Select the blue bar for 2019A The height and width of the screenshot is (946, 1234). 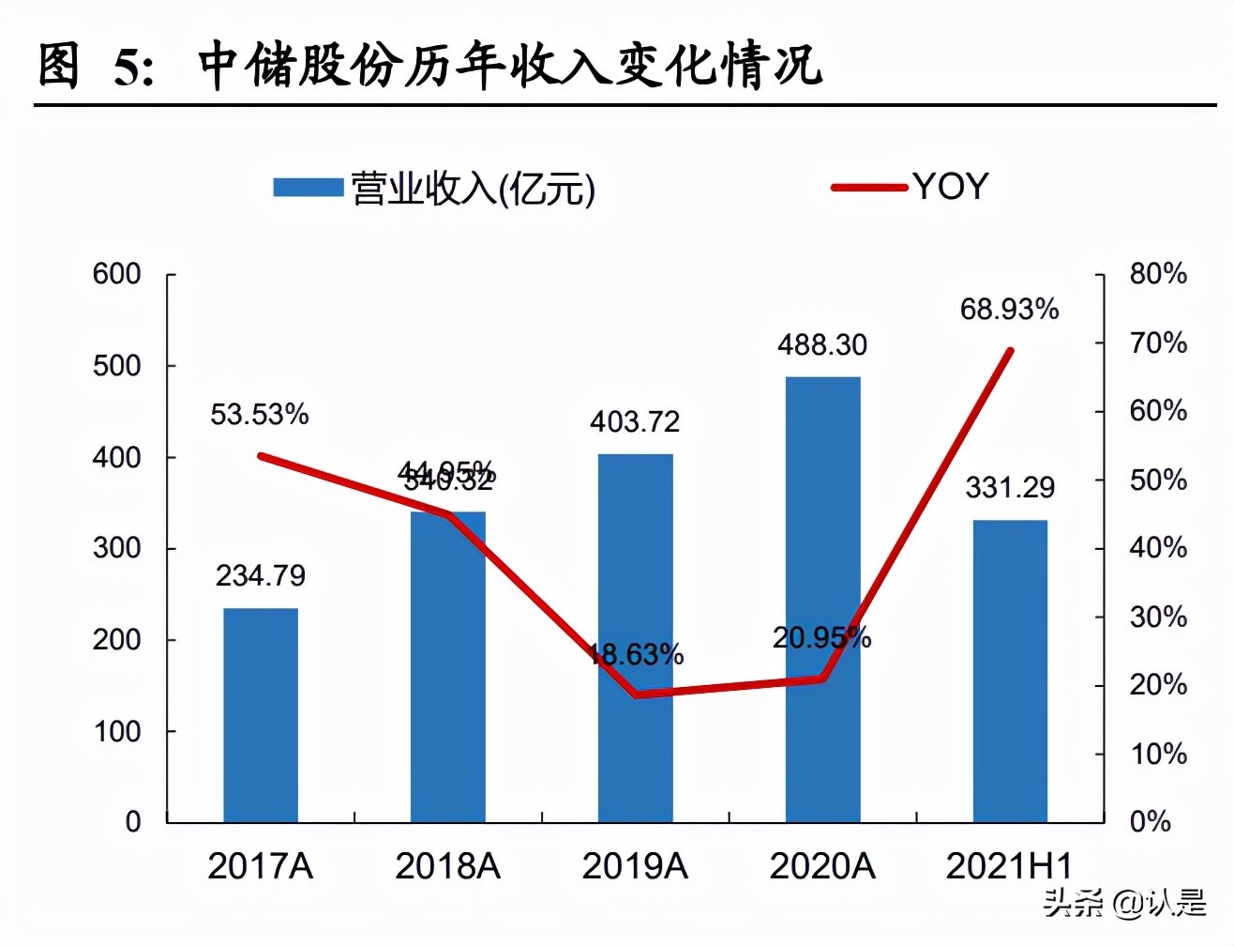[636, 638]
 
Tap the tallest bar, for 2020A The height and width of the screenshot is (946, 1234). [822, 600]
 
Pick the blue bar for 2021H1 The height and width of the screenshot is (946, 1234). [1010, 671]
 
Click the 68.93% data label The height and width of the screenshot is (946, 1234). [1009, 309]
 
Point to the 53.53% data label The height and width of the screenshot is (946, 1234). [260, 414]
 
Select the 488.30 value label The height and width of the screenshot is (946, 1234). [822, 344]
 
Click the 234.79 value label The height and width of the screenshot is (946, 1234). [261, 575]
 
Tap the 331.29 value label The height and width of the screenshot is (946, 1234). [1010, 487]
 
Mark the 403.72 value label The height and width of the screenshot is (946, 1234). [635, 421]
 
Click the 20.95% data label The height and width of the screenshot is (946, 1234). [821, 637]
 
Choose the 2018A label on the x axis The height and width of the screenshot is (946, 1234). [447, 865]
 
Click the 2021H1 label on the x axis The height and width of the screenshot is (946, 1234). [1009, 865]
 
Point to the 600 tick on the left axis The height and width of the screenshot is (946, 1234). [117, 274]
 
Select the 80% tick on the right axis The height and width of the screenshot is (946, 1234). [1158, 274]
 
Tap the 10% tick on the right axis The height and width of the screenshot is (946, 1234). [1158, 754]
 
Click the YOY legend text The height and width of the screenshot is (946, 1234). [951, 187]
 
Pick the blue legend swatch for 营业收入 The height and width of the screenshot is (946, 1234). [308, 188]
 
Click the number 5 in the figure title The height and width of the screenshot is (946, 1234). [128, 68]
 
